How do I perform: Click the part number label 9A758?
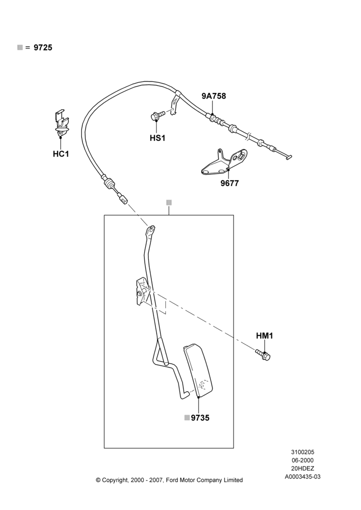click(214, 96)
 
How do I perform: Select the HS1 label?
click(158, 138)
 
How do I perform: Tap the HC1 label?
click(61, 154)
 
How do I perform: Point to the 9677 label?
click(229, 184)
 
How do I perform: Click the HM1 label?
click(265, 336)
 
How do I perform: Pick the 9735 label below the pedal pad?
click(200, 418)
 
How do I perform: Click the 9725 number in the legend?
click(43, 47)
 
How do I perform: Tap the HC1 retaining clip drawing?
click(61, 123)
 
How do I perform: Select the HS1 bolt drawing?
click(158, 115)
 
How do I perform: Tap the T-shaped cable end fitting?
click(288, 157)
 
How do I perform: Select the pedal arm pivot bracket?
click(142, 291)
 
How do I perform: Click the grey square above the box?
click(169, 202)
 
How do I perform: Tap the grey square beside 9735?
click(187, 418)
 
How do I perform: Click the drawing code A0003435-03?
click(302, 477)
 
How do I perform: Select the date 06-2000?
click(302, 460)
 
